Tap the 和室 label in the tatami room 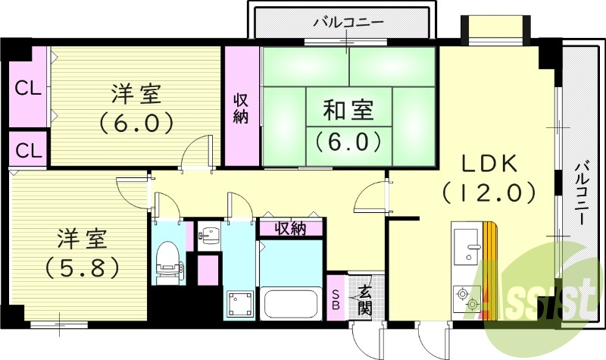click(348, 111)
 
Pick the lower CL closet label click(29, 149)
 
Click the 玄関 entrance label click(364, 299)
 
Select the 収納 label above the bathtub click(291, 228)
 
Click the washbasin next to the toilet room click(207, 235)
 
